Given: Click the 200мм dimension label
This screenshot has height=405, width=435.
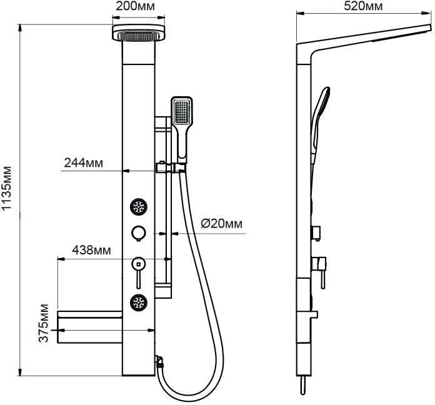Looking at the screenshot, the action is [x=135, y=6].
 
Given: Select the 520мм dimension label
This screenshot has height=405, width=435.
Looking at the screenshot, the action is [x=363, y=6].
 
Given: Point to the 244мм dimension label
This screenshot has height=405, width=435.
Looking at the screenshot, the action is [x=84, y=162].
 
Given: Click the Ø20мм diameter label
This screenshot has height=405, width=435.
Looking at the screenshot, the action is [x=222, y=224].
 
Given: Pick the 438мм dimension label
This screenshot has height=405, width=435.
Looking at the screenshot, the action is [x=91, y=250].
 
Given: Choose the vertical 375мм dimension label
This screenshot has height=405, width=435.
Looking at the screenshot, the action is [x=44, y=323].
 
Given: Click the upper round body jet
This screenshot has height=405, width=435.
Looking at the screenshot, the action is [x=138, y=207].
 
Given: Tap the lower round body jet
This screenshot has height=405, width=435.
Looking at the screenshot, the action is [x=138, y=302].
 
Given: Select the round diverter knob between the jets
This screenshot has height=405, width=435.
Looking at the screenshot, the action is [x=138, y=233].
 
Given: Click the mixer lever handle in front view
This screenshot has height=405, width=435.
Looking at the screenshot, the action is [x=138, y=273].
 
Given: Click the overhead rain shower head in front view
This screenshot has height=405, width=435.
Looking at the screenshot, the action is [x=139, y=32].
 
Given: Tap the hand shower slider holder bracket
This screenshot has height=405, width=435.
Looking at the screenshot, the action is [x=171, y=167].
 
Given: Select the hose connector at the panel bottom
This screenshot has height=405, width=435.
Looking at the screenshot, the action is [x=159, y=361].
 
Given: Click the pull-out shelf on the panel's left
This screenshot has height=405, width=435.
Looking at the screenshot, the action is [x=89, y=327].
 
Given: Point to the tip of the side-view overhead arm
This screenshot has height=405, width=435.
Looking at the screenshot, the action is [x=431, y=27].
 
